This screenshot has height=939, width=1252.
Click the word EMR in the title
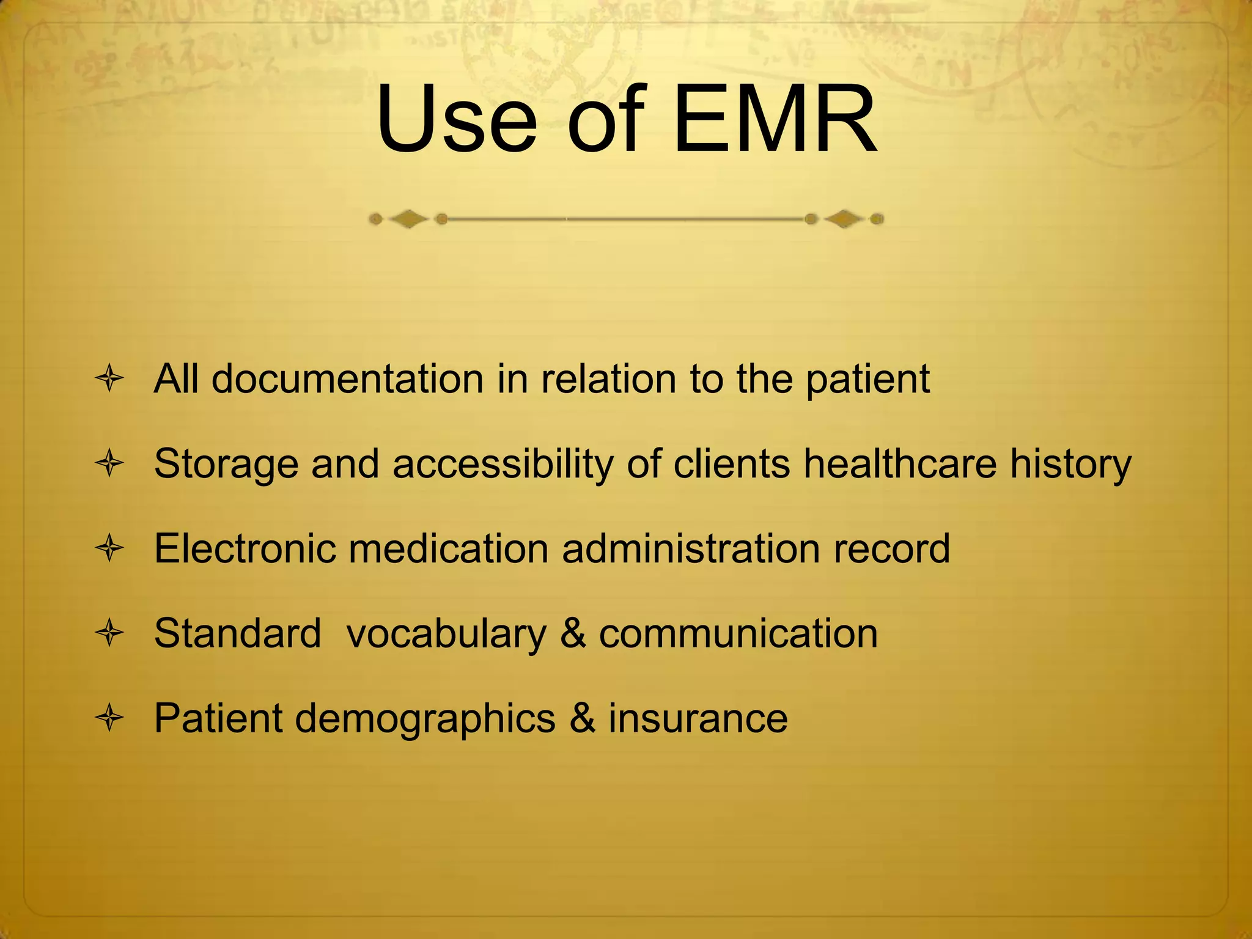click(775, 119)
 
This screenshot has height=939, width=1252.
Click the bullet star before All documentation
click(110, 379)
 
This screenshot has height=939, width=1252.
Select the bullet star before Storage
click(110, 464)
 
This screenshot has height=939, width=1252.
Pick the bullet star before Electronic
click(110, 548)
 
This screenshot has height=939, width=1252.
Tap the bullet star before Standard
click(110, 633)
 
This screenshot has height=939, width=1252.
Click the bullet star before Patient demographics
click(110, 718)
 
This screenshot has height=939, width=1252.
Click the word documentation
click(348, 379)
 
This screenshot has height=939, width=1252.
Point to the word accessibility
click(503, 464)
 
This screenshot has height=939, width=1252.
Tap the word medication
click(449, 548)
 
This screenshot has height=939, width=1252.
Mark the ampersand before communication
click(573, 633)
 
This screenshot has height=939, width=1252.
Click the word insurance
click(698, 718)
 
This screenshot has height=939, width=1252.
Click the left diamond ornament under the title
click(408, 219)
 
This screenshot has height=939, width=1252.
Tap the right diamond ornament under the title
click(844, 219)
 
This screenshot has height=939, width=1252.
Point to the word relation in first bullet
click(608, 379)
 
